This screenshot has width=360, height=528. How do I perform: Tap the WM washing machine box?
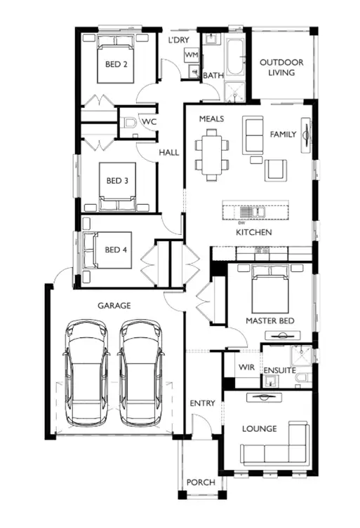click(191, 55)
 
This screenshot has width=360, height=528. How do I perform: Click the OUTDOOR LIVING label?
click(281, 67)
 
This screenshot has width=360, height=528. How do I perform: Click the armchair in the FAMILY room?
click(276, 169)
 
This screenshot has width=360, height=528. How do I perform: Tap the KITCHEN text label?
click(253, 232)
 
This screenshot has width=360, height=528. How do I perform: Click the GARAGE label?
click(114, 306)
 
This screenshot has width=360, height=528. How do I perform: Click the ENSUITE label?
click(279, 370)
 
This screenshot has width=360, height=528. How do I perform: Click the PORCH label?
click(201, 482)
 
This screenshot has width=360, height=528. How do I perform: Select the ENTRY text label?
click(203, 403)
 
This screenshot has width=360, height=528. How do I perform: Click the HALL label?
click(168, 152)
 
